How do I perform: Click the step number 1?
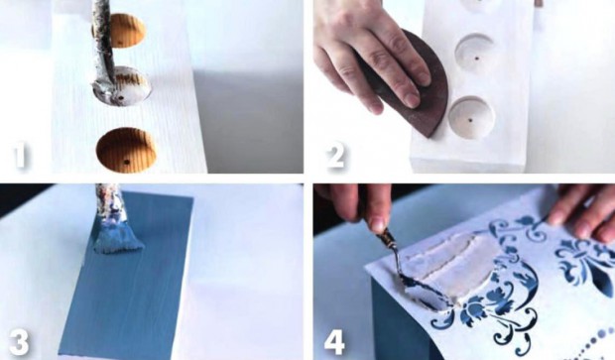tap(20, 157)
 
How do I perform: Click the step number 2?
tap(335, 156)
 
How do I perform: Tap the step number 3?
tap(19, 342)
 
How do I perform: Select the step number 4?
tap(334, 342)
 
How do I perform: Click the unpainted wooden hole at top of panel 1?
tap(125, 30)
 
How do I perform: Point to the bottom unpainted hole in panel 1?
tap(126, 150)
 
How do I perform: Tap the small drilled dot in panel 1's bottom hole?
tap(126, 162)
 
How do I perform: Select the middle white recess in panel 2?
tap(474, 55)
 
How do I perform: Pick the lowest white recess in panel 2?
tap(471, 116)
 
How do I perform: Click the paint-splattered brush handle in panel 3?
tap(109, 204)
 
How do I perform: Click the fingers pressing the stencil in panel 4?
tap(585, 212)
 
